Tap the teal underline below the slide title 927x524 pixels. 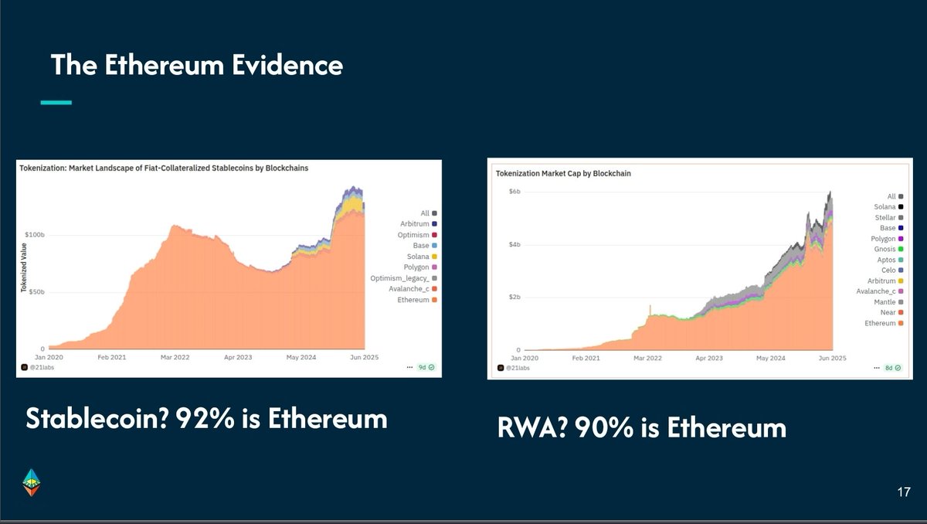(x=56, y=101)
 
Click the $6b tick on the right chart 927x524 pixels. (x=514, y=191)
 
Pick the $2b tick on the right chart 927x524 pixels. (x=514, y=297)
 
